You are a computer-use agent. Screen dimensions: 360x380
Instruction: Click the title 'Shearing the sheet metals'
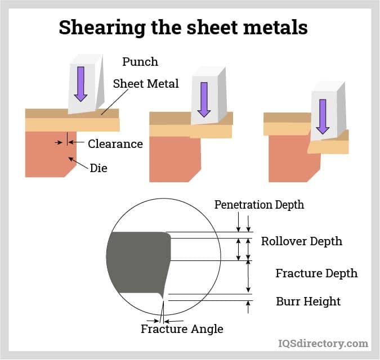click(x=183, y=27)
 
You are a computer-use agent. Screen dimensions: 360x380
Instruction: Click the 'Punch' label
click(x=140, y=62)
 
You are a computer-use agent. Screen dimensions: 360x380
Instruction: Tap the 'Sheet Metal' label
click(x=146, y=84)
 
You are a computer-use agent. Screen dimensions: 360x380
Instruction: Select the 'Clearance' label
click(x=115, y=144)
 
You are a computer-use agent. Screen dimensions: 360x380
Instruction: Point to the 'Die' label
click(x=99, y=168)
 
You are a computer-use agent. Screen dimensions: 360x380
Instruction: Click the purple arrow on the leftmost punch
click(x=81, y=83)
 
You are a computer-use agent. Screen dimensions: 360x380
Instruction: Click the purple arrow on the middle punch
click(x=204, y=99)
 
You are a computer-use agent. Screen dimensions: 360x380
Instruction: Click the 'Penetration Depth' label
click(x=259, y=205)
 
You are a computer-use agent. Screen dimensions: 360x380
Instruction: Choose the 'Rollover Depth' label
click(x=301, y=241)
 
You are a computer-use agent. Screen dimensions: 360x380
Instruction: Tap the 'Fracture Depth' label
click(x=316, y=273)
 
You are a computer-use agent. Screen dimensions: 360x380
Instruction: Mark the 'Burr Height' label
click(x=308, y=301)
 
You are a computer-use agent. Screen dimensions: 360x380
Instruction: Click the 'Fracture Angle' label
click(x=182, y=329)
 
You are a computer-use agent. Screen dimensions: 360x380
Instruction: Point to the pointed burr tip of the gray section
click(x=163, y=298)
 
